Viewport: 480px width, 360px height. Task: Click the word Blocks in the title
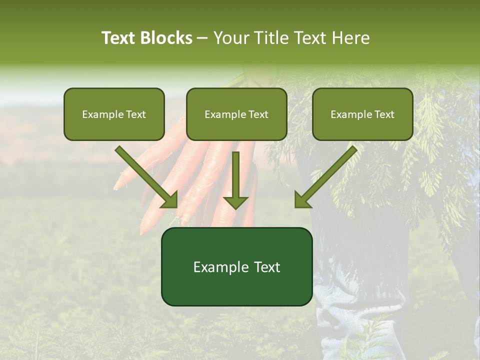coord(167,38)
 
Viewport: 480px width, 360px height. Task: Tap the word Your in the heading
coord(229,38)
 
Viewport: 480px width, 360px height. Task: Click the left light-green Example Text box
coord(114,114)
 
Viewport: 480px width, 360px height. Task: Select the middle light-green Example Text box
coord(236,114)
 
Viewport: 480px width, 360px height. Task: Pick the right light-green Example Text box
coord(362,114)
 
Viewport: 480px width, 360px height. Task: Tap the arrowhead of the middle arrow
coord(235,201)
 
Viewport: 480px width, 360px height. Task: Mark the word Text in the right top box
coord(384,114)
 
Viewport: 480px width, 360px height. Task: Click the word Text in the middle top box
coord(258,114)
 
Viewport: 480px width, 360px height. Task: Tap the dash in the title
coord(203,38)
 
